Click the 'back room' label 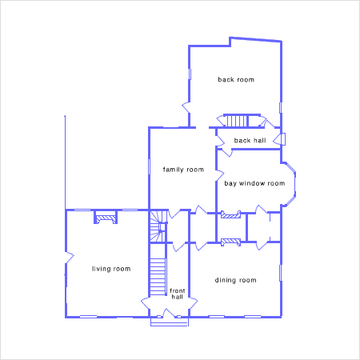[x=236, y=79]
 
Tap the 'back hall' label [x=250, y=140]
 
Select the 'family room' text [x=183, y=170]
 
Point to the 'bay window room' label [x=254, y=183]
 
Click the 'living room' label [x=111, y=269]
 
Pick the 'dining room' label [x=235, y=280]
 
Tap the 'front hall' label [x=177, y=294]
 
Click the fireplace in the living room [x=106, y=218]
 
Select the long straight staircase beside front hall [x=158, y=277]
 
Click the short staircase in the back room [x=237, y=121]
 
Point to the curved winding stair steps [x=158, y=226]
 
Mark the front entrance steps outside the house [x=170, y=322]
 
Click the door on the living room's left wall [x=70, y=258]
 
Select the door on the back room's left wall [x=186, y=107]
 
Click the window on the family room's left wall [x=149, y=167]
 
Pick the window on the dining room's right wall [x=280, y=273]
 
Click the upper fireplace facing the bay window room [x=231, y=214]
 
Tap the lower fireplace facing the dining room [x=231, y=242]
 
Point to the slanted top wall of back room [x=256, y=39]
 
